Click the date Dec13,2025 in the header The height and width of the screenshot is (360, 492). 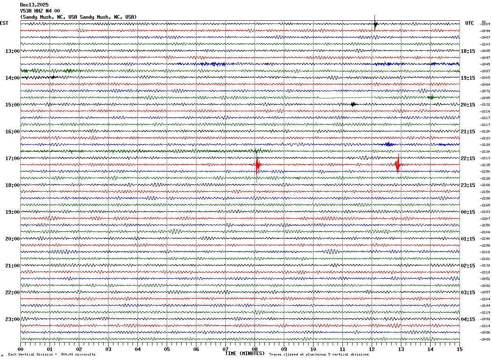point(34,5)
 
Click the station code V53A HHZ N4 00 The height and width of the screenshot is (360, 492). point(40,11)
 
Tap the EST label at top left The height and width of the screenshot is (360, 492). point(4,23)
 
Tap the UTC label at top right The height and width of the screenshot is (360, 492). point(470,23)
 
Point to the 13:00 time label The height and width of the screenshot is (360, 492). point(12,51)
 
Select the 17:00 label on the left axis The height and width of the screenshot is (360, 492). point(12,158)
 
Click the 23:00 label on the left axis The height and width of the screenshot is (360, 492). point(12,319)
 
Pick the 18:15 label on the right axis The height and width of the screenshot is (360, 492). point(468,51)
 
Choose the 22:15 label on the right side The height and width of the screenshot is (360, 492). point(468,158)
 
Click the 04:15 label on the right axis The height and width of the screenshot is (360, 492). point(468,319)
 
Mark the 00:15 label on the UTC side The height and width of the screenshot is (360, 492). point(468,212)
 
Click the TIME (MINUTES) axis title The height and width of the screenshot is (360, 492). point(245,353)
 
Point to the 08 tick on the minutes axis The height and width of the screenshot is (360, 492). point(255,349)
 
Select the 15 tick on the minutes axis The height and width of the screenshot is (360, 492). point(459,349)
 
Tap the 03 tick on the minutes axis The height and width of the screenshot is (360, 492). point(109,349)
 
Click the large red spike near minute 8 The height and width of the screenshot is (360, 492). point(257,165)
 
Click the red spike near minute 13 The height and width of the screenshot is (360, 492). point(398,165)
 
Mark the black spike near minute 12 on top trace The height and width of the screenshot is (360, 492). point(375,24)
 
